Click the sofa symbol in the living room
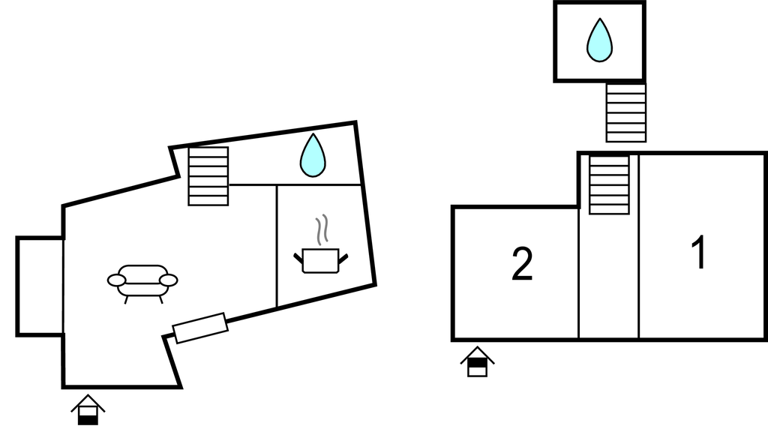(142, 281)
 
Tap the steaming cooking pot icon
(322, 259)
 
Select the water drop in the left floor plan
(313, 155)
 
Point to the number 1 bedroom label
(699, 253)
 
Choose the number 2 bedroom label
(522, 265)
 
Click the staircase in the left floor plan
(208, 176)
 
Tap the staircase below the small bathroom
(625, 112)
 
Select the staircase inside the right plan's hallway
(608, 184)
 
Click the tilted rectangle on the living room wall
(200, 328)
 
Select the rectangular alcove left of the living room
(40, 286)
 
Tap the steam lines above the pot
(323, 231)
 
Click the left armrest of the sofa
(116, 280)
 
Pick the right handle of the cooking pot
(344, 258)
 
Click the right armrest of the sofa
(169, 280)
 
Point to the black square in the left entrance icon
(88, 418)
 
